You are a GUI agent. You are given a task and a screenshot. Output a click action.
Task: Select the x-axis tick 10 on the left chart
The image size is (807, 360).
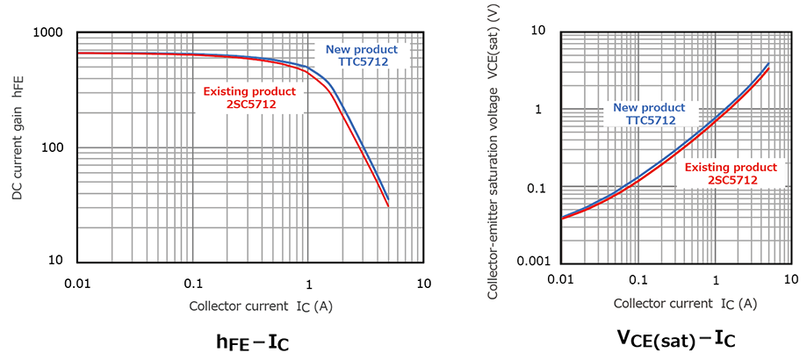(423, 284)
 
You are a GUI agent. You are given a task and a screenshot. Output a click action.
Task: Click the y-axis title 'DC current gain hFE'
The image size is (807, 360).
(18, 147)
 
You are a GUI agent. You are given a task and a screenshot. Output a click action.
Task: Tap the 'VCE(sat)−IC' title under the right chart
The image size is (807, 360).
(675, 340)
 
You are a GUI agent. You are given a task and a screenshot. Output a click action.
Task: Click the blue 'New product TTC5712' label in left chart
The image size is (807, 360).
(362, 55)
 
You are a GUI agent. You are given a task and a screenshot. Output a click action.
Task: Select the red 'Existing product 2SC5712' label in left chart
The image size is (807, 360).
(249, 97)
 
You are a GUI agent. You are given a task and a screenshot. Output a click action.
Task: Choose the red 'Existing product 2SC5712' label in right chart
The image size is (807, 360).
(731, 173)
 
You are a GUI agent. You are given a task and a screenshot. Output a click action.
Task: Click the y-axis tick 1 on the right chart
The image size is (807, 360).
(546, 110)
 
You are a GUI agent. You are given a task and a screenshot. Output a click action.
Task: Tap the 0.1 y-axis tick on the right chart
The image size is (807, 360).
(541, 188)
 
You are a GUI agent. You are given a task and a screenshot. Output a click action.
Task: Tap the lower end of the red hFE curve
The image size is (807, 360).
(388, 207)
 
